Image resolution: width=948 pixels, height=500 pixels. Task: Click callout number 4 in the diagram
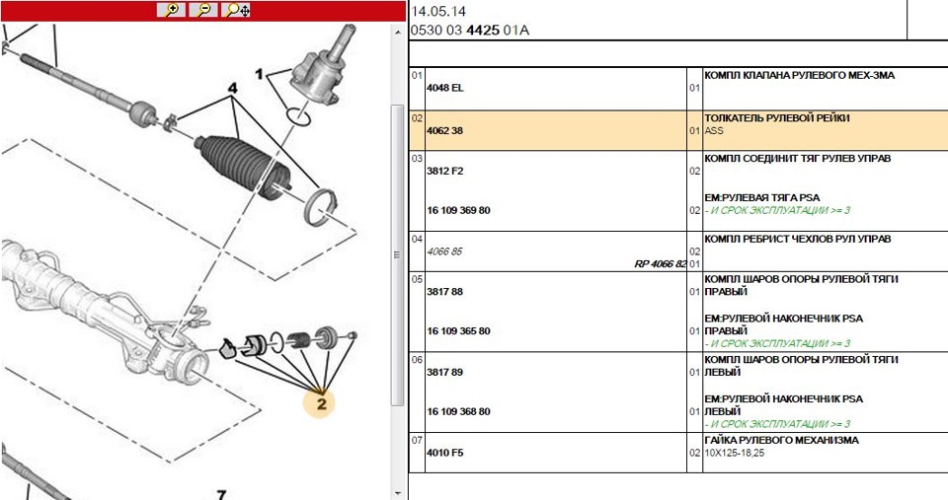233,88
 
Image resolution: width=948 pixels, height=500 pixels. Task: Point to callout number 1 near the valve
260,74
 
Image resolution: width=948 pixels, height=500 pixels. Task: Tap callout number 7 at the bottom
221,494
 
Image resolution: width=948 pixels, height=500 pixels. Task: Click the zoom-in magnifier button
172,10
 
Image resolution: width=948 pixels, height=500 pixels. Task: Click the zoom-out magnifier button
203,10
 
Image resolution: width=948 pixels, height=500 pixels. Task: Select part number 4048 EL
444,89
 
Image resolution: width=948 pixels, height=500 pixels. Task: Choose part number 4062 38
444,129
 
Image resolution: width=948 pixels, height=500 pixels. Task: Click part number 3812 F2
444,170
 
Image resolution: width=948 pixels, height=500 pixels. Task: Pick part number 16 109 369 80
458,210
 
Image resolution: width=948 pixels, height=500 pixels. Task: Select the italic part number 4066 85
444,250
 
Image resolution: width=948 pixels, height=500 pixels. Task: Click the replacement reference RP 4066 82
660,264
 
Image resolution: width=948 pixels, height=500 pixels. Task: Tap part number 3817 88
444,291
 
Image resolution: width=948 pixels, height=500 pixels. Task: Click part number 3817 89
444,372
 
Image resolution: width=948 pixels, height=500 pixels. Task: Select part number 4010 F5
444,453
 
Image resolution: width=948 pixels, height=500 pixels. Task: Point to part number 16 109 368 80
458,411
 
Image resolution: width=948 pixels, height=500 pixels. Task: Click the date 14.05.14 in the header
438,12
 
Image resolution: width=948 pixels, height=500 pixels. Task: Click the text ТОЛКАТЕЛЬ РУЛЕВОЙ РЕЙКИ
776,117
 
